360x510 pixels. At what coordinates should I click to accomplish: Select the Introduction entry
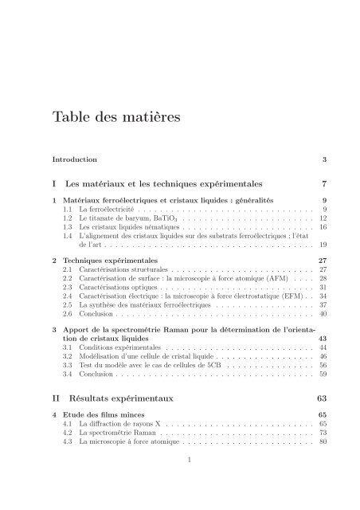click(75, 159)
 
